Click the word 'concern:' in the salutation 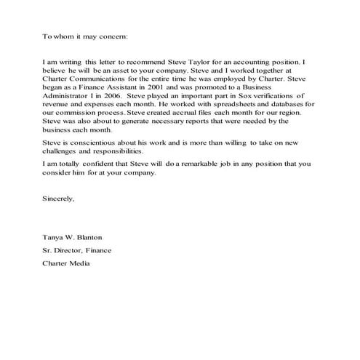click(112, 35)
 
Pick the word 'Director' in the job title click(70, 249)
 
